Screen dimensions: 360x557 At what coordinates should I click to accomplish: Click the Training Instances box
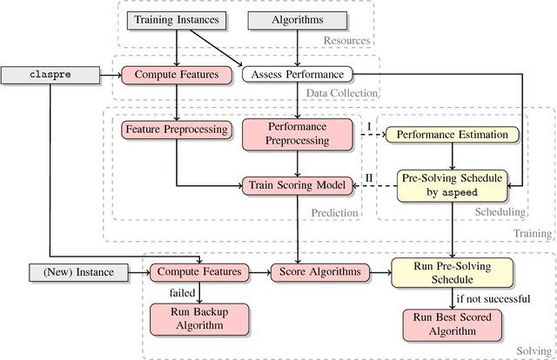tap(177, 18)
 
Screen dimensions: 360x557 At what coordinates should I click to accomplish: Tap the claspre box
tap(49, 76)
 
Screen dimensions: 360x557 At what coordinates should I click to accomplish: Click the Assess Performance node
tap(297, 76)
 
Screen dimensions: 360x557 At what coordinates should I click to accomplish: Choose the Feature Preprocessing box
tap(177, 130)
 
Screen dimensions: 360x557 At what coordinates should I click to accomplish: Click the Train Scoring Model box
tap(298, 184)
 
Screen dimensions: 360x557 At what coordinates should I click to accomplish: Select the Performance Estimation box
tap(453, 135)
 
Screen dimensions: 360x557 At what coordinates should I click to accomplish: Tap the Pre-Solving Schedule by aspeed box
tap(452, 184)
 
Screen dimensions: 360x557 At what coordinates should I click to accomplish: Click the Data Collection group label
tap(346, 93)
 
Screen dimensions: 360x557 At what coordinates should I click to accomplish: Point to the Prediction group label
tap(335, 212)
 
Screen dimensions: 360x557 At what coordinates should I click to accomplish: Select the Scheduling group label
tap(500, 211)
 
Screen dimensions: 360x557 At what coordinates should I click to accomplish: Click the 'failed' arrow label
tap(182, 293)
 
